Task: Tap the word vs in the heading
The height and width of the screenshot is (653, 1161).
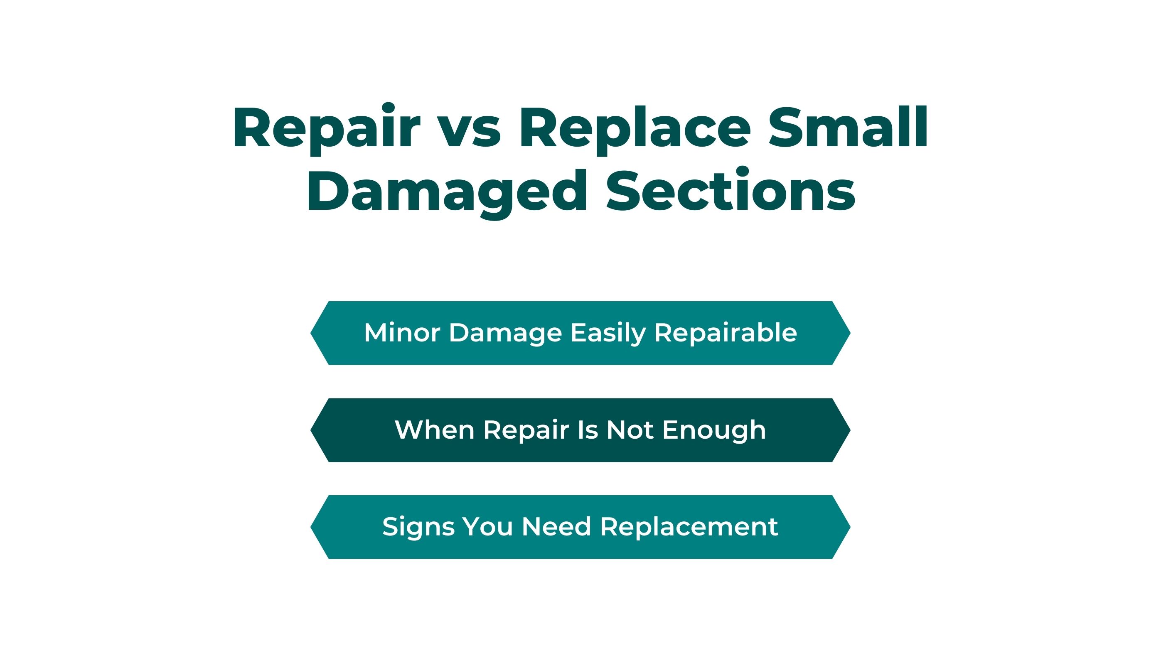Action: tap(469, 132)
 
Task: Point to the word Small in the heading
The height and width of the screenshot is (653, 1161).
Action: tap(848, 127)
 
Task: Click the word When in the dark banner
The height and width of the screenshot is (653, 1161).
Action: tap(435, 430)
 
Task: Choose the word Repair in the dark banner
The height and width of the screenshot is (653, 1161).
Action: tap(526, 431)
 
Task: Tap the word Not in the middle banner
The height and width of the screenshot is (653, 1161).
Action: tap(630, 430)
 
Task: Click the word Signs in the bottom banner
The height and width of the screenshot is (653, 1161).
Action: tap(419, 527)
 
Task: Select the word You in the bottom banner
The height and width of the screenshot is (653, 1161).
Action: tap(488, 527)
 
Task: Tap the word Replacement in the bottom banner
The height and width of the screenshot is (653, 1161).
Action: tap(689, 528)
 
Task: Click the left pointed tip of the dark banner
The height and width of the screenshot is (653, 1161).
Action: tap(310, 430)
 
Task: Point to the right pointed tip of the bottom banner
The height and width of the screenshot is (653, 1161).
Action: tap(851, 527)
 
